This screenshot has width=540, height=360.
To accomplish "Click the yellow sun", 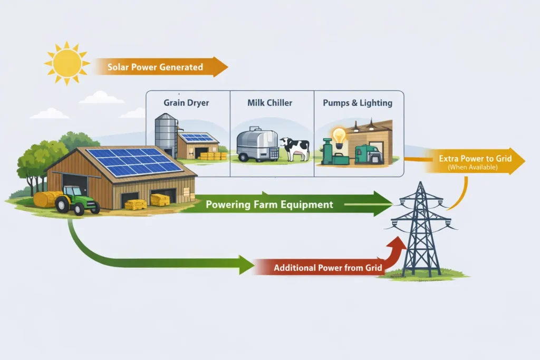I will point(66,63).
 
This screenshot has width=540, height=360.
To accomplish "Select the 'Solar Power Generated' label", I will point(155,67).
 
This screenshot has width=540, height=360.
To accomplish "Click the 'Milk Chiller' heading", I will point(269,103).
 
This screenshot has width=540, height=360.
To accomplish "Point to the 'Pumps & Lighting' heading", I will point(358,103).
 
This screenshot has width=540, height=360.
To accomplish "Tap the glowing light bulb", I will point(339,135).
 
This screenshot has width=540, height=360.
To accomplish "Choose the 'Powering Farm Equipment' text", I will point(269,205).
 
